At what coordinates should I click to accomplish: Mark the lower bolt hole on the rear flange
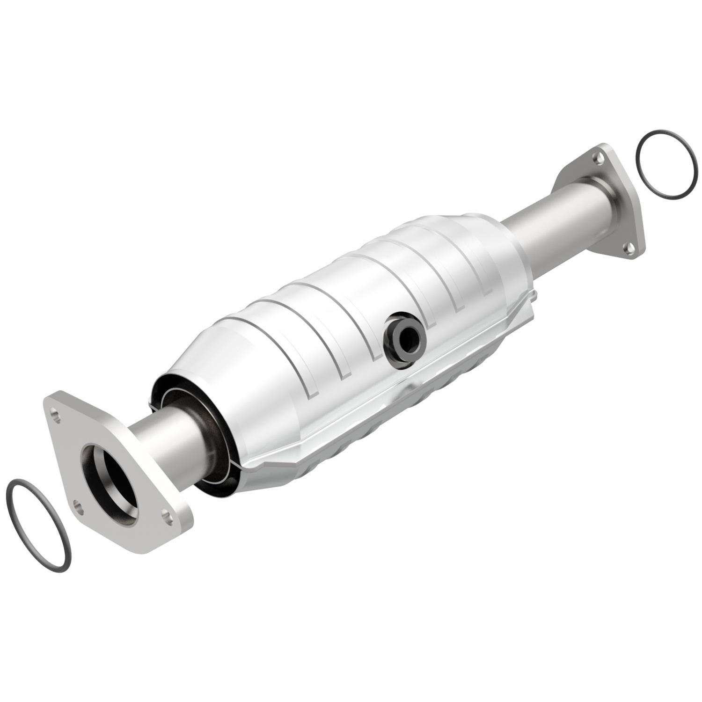click(629, 247)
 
